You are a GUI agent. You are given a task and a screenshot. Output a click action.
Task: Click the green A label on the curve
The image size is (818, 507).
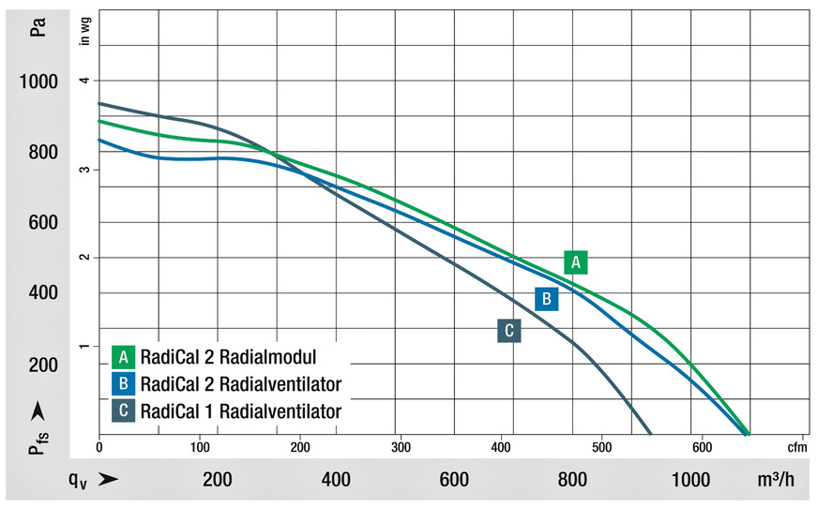coord(576,262)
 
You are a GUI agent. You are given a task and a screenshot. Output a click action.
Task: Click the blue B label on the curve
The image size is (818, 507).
coord(546,299)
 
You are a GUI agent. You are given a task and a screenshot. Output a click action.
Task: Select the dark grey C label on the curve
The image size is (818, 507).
coord(508,331)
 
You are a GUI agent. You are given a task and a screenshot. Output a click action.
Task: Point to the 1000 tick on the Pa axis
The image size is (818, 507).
coord(38,82)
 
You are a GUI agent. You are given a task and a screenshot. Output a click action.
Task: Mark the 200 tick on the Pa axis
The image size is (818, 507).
coord(43,364)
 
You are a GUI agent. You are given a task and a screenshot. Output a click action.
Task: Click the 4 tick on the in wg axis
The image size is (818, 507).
coord(83,81)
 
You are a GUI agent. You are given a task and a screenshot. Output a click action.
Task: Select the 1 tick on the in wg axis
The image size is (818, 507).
coord(83,347)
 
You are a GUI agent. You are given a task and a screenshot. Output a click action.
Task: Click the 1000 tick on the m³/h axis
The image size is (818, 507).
coord(690,480)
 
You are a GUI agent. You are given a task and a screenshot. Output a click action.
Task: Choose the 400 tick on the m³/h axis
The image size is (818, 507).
coord(335,480)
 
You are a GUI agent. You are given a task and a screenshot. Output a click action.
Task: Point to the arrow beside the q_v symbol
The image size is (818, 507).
coord(109,480)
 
